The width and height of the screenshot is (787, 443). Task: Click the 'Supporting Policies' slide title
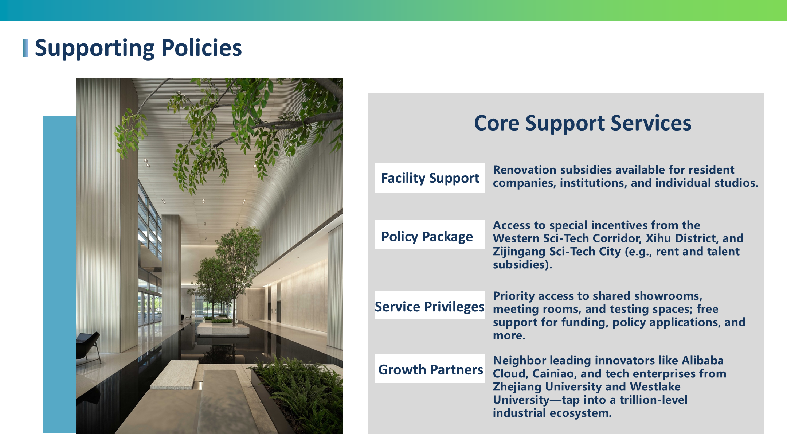(138, 48)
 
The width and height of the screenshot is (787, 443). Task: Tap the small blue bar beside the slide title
(26, 48)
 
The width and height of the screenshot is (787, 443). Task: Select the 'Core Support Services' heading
(583, 123)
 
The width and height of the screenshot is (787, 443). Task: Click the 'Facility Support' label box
(430, 178)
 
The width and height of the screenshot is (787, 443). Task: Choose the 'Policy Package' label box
(430, 235)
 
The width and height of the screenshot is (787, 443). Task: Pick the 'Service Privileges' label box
(430, 305)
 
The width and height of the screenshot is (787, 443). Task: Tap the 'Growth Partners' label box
(430, 368)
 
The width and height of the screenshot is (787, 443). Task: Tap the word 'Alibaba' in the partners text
(702, 361)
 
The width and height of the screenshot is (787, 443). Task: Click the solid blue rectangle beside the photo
(59, 275)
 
